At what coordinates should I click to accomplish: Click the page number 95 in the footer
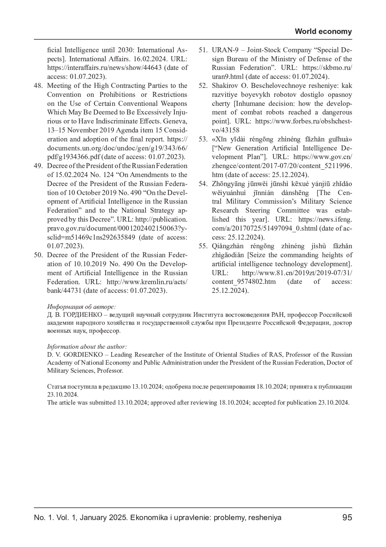pos(347,518)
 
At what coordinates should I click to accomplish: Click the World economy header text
pos(323,32)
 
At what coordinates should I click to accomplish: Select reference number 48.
pos(38,86)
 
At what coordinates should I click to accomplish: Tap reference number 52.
pos(203,86)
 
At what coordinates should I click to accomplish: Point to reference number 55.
pos(203,246)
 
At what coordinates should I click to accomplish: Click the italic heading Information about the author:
pos(87,347)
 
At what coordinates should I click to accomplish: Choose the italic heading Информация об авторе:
pos(81,307)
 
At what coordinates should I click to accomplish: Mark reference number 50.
pos(38,255)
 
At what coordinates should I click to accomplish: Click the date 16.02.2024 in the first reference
pos(149,59)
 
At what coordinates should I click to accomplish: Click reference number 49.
pos(38,166)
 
